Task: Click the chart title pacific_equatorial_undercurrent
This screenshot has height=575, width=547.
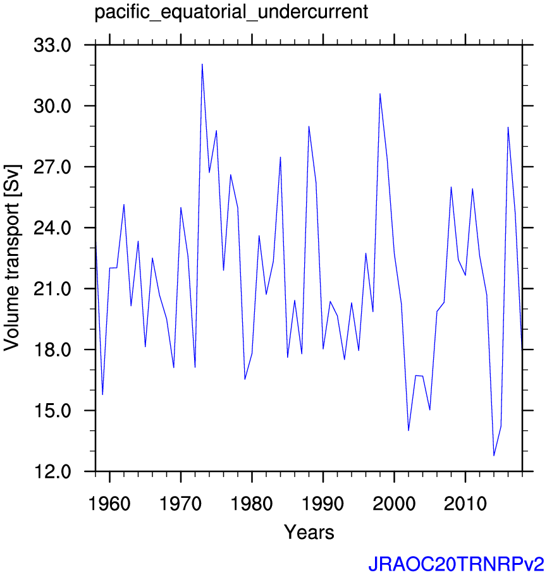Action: pyautogui.click(x=231, y=13)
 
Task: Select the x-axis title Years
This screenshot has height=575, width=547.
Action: pyautogui.click(x=309, y=532)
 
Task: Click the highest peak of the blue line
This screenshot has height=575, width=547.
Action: pyautogui.click(x=202, y=64)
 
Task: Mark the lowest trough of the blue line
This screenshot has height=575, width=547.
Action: pyautogui.click(x=494, y=456)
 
